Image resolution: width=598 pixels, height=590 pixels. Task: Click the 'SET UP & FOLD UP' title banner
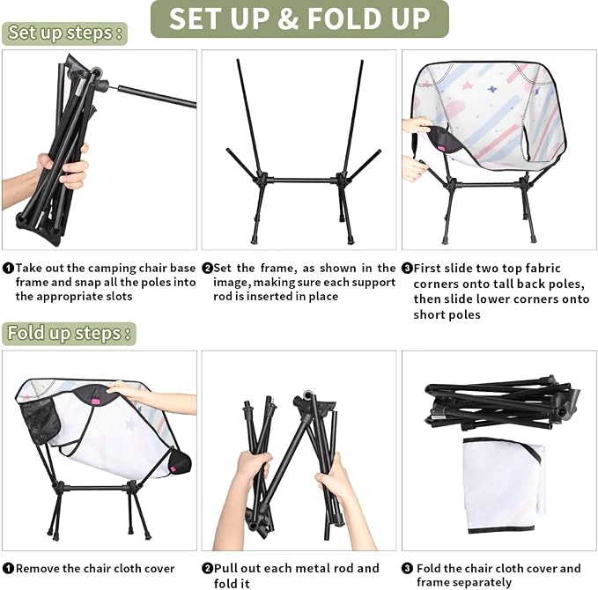[299, 18]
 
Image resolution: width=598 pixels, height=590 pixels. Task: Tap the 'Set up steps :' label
[64, 33]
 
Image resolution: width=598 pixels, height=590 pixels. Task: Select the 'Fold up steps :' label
[69, 334]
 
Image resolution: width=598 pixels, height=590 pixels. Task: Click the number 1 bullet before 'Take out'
[8, 268]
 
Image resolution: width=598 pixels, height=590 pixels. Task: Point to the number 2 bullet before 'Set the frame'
[207, 268]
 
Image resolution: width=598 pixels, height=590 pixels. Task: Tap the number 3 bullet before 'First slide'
[407, 268]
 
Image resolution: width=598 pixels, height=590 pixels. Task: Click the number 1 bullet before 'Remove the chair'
[8, 569]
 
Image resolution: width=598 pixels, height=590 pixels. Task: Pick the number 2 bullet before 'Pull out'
[207, 569]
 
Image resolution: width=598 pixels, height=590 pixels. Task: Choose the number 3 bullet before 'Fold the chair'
[407, 569]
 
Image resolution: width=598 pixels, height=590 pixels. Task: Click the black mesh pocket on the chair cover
[40, 421]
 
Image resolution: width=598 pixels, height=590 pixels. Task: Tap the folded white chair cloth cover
[504, 485]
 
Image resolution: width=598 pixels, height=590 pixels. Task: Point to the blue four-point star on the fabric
[492, 90]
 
